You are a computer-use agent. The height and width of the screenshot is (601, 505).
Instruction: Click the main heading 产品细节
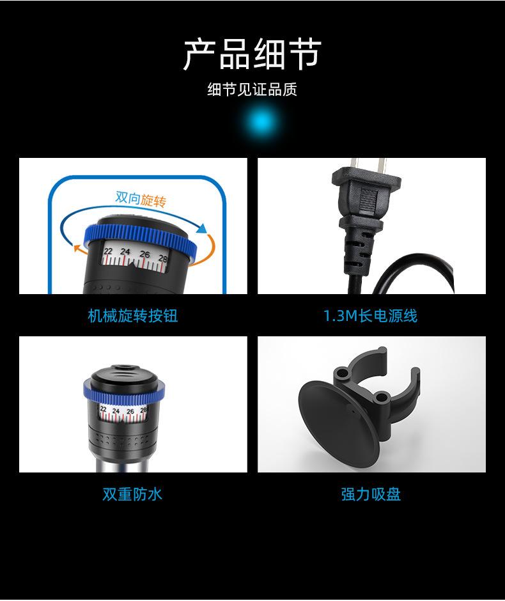coord(252,54)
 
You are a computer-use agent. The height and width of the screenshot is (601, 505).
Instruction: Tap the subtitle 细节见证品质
coord(252,90)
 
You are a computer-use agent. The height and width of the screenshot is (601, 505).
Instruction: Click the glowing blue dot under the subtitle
coord(261,121)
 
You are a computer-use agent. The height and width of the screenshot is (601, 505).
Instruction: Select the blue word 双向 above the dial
coord(127,196)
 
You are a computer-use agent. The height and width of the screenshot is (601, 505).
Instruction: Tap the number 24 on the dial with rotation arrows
coord(125,251)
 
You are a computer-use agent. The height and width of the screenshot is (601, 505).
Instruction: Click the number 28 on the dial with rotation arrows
coord(162,258)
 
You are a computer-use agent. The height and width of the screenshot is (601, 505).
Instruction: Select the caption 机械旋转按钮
coord(132,315)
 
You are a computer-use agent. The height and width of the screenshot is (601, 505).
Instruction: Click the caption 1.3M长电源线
coord(370,315)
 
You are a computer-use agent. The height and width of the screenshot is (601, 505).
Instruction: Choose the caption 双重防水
coord(132,494)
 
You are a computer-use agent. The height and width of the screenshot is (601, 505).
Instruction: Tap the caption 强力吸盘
coord(371,494)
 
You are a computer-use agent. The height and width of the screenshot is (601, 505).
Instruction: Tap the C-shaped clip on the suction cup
coord(384,384)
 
